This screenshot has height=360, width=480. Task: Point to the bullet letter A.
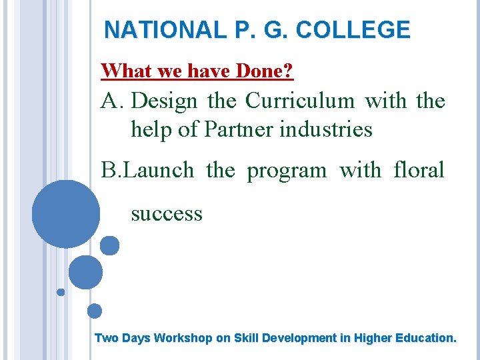pos(112,101)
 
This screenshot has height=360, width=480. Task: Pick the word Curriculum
pos(300,101)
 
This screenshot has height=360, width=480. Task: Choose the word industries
pos(326,129)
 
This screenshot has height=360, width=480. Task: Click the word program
pos(287,171)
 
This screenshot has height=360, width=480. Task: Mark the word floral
pos(419,170)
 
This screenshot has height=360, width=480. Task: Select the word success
pos(167,213)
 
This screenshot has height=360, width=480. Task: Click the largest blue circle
pos(66,214)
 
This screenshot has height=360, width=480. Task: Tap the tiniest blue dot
pos(61,292)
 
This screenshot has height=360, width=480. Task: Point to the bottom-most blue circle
pos(95,311)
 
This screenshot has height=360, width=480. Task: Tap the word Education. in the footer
pos(425,338)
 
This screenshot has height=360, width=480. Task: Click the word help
pos(151,129)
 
